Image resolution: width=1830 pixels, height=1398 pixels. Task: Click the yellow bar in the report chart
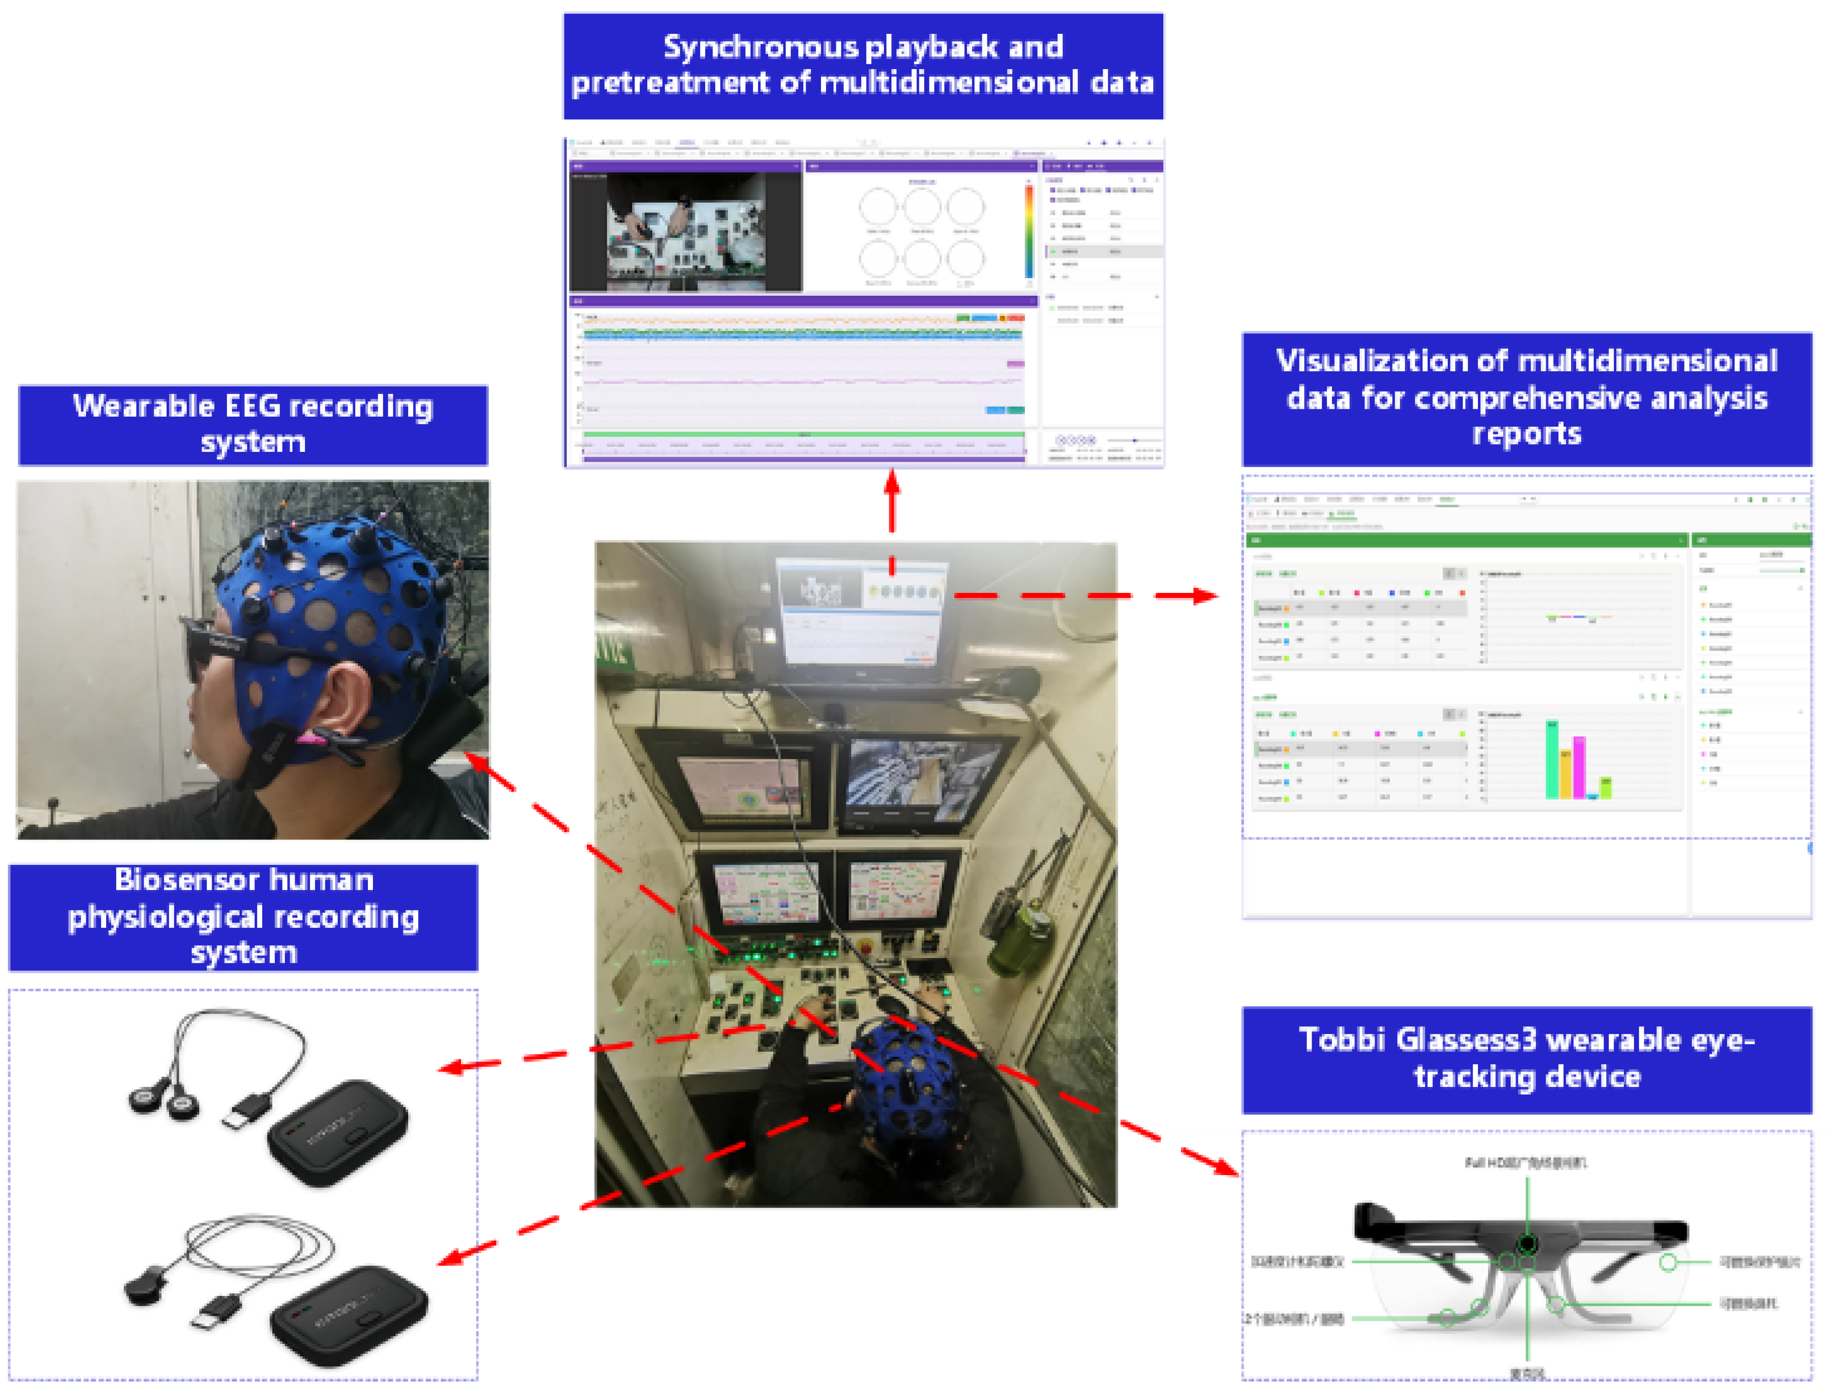(1565, 774)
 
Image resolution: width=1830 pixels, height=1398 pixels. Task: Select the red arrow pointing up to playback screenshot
(892, 499)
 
